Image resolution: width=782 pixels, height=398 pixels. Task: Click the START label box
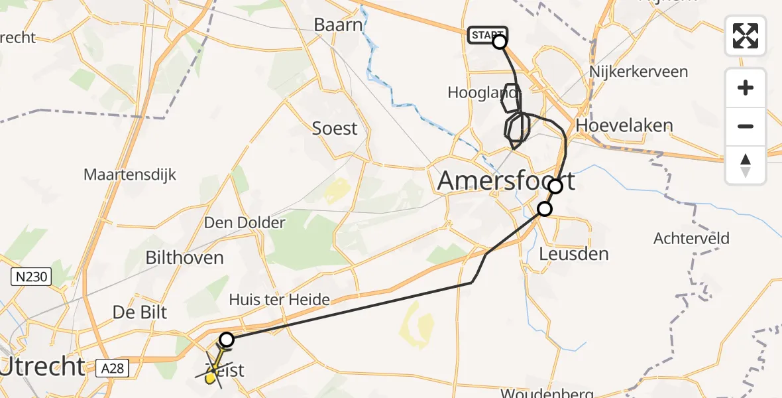click(487, 34)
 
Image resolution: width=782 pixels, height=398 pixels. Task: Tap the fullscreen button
click(746, 36)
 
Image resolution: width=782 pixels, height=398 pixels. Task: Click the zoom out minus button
click(746, 126)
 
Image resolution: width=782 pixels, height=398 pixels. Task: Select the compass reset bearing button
click(746, 165)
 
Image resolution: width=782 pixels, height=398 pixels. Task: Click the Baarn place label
click(339, 26)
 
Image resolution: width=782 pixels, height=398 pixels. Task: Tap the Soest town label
click(335, 128)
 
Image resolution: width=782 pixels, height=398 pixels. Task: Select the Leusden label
click(574, 253)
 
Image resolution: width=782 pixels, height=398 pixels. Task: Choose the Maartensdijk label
click(130, 175)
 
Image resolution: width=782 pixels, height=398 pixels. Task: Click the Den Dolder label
click(245, 222)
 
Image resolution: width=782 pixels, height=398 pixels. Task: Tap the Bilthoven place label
click(184, 257)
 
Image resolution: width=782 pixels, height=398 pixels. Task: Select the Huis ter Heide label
click(279, 300)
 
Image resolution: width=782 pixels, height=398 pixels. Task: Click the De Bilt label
click(140, 312)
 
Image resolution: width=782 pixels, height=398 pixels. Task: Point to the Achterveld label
click(691, 238)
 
